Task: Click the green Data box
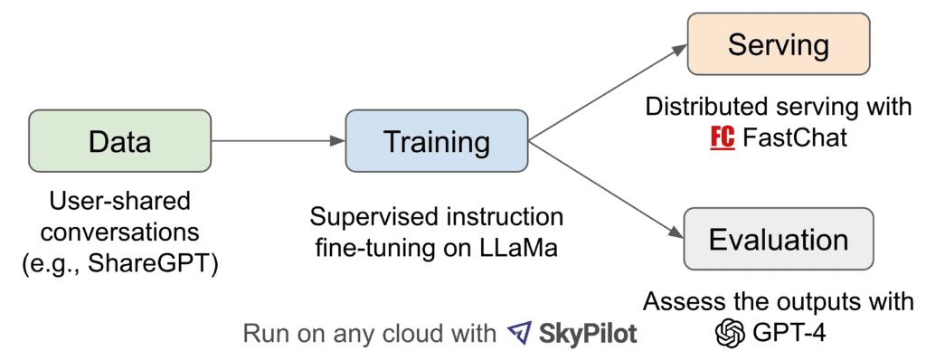119,141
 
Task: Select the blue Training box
437,141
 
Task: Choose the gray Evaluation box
778,239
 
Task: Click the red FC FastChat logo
722,139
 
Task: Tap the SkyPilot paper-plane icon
521,333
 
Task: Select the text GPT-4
789,334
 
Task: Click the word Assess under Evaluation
676,301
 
